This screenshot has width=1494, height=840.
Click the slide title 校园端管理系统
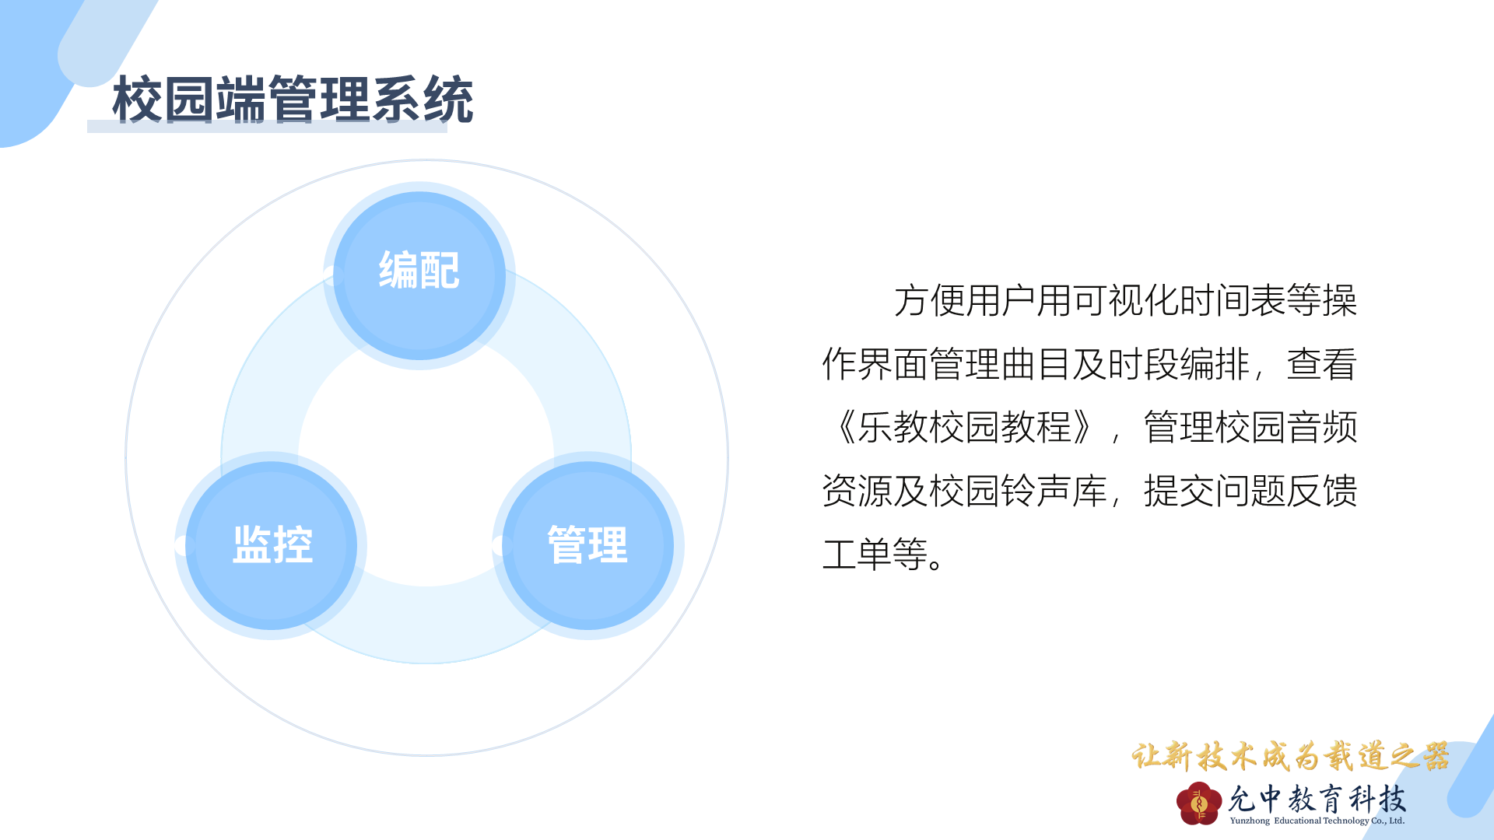293,100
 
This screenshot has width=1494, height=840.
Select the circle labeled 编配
419,275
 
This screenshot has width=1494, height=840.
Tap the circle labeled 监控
272,545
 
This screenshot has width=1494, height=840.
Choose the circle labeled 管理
588,545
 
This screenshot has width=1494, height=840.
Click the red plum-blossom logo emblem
1199,803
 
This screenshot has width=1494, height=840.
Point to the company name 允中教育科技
1317,798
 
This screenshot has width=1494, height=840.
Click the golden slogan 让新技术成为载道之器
1290,756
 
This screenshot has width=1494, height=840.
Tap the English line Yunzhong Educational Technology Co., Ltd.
1317,821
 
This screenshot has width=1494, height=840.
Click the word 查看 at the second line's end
1322,364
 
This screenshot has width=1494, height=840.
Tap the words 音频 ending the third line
1322,427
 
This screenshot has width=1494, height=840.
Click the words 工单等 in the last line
875,554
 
